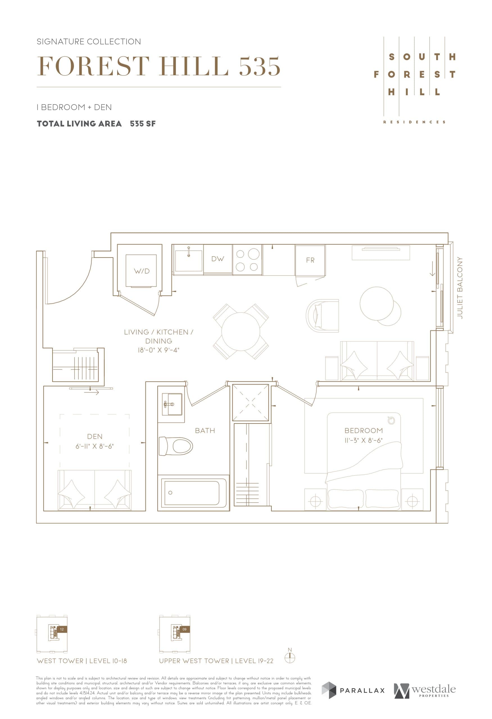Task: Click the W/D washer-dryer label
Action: click(x=142, y=271)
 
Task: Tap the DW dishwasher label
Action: click(x=217, y=259)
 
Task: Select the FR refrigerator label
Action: click(x=310, y=260)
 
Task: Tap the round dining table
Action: click(x=241, y=331)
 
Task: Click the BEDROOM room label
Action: click(x=364, y=430)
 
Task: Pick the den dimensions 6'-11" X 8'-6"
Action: click(x=95, y=446)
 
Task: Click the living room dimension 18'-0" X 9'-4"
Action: click(x=158, y=350)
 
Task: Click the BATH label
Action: click(x=205, y=430)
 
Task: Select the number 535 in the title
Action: click(x=260, y=67)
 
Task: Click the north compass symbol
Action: click(x=290, y=658)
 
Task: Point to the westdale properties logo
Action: click(x=425, y=691)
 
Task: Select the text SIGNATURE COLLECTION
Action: click(x=89, y=42)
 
